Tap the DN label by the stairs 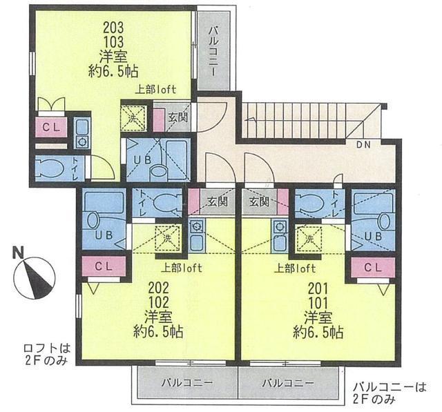[x=363, y=145]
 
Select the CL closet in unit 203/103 [x=51, y=127]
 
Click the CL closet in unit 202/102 [x=104, y=266]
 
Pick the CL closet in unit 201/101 [x=373, y=267]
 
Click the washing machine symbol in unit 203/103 [x=133, y=118]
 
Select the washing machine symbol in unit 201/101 [x=309, y=239]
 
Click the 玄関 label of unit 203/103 [x=178, y=117]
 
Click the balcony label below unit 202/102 [x=187, y=383]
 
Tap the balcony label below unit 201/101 [x=288, y=383]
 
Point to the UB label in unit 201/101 [x=373, y=236]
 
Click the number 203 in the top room [x=113, y=28]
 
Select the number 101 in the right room [x=318, y=303]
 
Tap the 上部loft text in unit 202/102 [x=182, y=268]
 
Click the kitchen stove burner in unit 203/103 [x=82, y=141]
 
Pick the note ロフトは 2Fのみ [x=47, y=354]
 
